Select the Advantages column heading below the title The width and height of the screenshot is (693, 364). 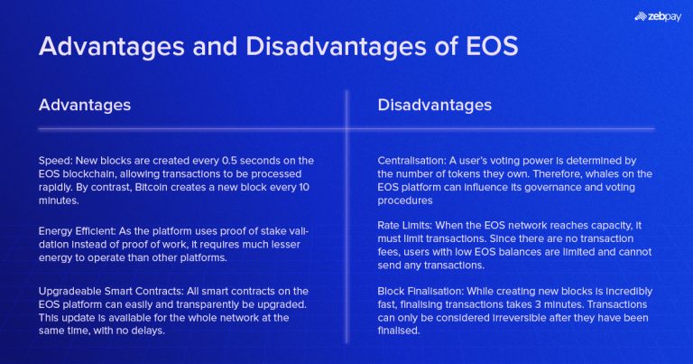tap(85, 105)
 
